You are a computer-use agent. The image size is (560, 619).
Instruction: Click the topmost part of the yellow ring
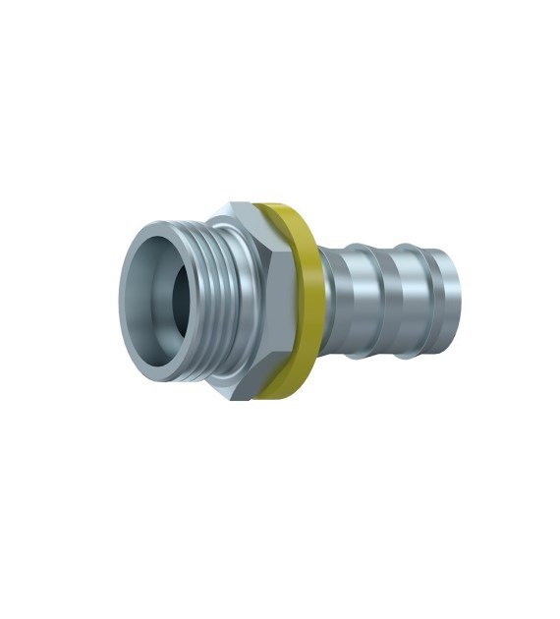(x=273, y=205)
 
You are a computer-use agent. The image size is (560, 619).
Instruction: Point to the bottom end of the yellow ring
(x=279, y=399)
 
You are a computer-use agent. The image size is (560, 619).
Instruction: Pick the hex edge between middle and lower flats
(x=261, y=359)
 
